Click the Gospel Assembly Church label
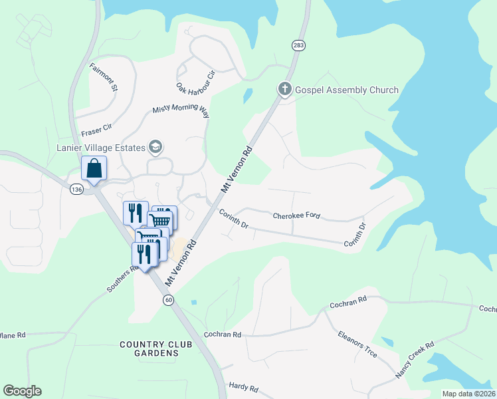coord(346,90)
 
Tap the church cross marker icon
coord(285,89)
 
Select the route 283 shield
coord(298,45)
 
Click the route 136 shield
coord(76,190)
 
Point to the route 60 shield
coord(169,300)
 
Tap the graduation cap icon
coord(156,146)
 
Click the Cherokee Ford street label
coord(297,215)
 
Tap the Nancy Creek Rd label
coord(415,360)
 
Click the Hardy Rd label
coord(243,386)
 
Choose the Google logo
coord(22,391)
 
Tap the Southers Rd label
coord(122,279)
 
